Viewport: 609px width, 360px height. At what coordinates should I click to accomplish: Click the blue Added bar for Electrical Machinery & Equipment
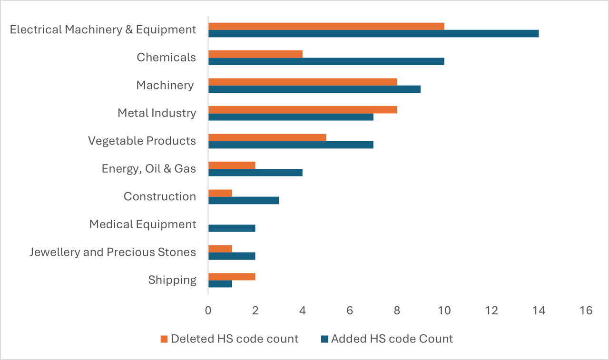[x=373, y=33]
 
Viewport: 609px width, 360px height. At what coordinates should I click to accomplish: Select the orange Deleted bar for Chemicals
[x=255, y=54]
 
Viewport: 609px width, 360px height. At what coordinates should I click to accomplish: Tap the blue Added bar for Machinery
[x=314, y=89]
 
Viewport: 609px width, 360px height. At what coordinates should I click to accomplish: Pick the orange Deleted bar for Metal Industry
[x=303, y=109]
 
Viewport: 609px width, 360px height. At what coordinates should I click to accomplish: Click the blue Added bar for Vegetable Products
[x=291, y=145]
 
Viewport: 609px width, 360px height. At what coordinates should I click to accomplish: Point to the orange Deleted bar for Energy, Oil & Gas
[x=232, y=165]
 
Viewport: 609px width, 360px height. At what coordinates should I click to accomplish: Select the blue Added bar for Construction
[x=244, y=200]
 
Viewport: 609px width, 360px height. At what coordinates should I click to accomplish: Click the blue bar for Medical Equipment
[x=232, y=228]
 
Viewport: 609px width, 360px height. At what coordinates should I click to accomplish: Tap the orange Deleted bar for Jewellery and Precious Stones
[x=220, y=249]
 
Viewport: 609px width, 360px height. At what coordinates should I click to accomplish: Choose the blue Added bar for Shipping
[x=220, y=284]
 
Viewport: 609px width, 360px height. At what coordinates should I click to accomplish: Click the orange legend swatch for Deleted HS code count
[x=164, y=339]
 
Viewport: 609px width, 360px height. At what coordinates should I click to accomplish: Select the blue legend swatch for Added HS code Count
[x=324, y=339]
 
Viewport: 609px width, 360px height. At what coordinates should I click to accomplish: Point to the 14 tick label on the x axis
[x=539, y=311]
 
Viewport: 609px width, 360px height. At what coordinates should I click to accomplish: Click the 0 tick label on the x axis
[x=208, y=311]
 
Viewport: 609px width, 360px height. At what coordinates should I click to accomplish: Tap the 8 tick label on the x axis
[x=397, y=311]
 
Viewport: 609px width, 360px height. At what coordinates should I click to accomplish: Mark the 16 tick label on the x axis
[x=586, y=311]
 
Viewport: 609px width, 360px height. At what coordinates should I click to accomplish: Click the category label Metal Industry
[x=157, y=113]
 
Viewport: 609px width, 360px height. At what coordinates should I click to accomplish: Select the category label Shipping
[x=172, y=280]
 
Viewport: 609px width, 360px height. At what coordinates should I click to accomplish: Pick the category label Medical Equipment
[x=143, y=224]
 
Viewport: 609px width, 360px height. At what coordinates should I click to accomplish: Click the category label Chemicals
[x=167, y=58]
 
